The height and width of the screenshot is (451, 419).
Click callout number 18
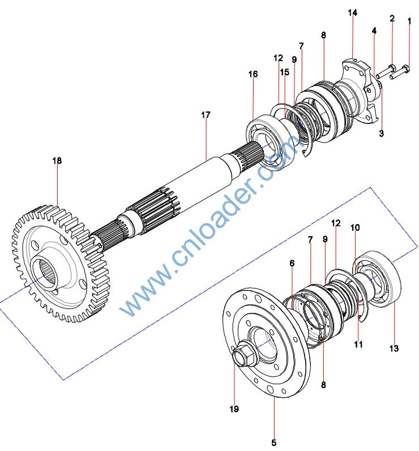[x=57, y=161]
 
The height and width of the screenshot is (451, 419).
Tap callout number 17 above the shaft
[x=206, y=115]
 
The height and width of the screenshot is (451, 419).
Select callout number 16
[x=253, y=74]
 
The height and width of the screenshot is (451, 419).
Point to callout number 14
[x=353, y=12]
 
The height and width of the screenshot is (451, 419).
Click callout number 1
[x=409, y=21]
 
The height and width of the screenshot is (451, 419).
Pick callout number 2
[x=392, y=19]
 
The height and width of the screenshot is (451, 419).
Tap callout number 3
[x=381, y=134]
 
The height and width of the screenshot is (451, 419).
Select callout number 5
[x=273, y=443]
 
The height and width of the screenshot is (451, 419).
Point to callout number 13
[x=394, y=349]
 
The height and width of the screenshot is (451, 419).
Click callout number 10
[x=355, y=227]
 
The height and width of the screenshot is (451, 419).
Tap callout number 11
[x=358, y=343]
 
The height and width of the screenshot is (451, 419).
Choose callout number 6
[x=292, y=263]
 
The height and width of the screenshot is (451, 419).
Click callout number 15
[x=284, y=72]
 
